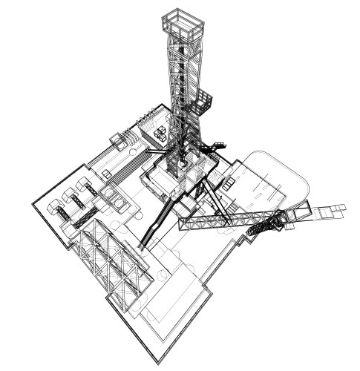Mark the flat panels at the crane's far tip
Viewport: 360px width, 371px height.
click(330, 211)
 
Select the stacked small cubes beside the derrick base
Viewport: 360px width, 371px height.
click(161, 134)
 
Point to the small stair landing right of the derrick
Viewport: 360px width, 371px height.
click(217, 145)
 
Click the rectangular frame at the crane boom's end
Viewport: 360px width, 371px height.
click(301, 213)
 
